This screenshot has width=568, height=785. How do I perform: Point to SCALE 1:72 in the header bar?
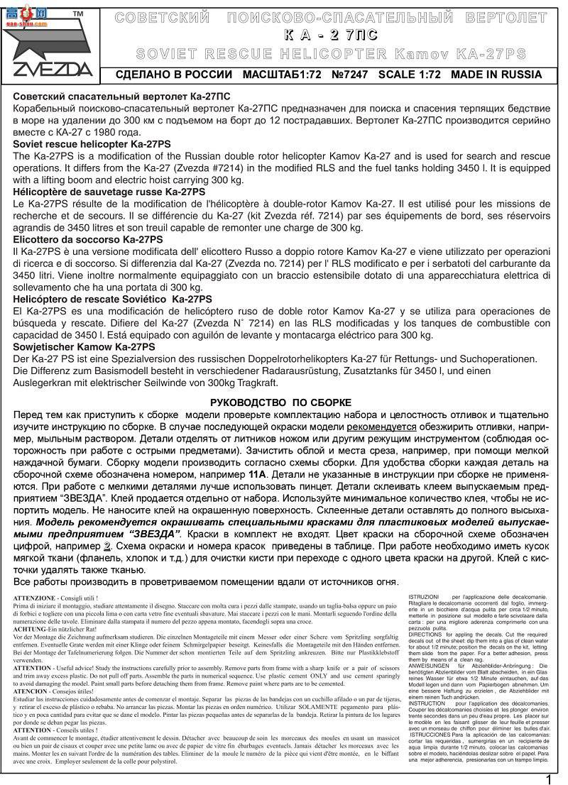(410, 75)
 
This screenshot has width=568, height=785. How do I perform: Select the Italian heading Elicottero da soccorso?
(88, 240)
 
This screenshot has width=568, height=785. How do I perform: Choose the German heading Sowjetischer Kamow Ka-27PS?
(84, 347)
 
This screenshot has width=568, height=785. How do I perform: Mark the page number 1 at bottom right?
(549, 779)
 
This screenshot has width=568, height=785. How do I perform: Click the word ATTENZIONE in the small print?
(37, 598)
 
